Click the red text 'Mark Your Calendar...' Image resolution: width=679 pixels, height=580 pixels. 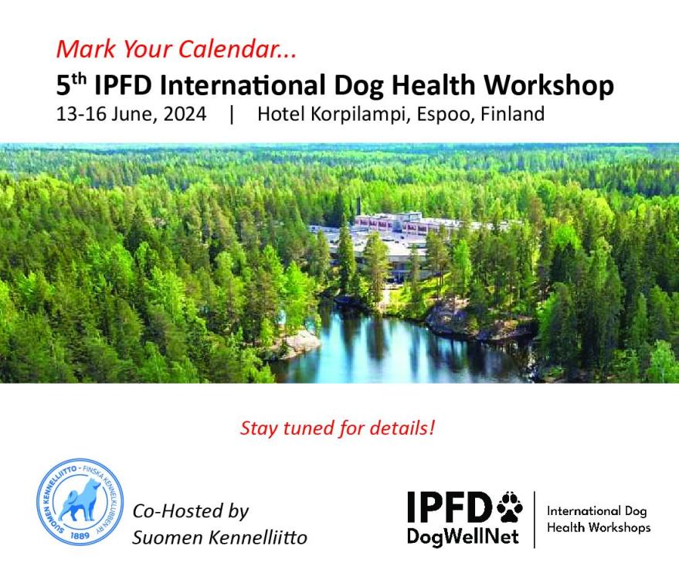point(177,49)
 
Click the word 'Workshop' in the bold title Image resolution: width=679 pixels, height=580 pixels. point(548,84)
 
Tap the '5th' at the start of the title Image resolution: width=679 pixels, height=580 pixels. point(71,84)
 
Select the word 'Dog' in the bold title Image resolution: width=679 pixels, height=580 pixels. point(359,86)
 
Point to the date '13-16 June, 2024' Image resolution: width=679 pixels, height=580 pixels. point(131,114)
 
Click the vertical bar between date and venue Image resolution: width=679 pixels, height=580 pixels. point(232,114)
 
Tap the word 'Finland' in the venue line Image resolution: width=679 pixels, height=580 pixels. point(513,114)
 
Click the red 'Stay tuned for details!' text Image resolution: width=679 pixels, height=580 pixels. point(338,428)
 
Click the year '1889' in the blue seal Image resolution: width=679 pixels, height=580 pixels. point(80,535)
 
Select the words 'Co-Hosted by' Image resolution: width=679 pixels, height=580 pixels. point(191,511)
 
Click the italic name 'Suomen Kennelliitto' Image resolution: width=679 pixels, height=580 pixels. point(219,537)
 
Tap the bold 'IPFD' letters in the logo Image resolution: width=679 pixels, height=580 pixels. point(448,507)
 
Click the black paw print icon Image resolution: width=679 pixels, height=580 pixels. point(509,507)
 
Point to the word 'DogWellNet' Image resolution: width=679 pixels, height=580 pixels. point(463,537)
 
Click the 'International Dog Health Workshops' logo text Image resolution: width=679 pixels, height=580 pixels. point(599,520)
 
